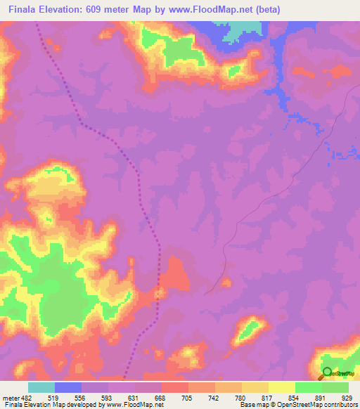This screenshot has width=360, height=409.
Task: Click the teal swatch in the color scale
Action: pyautogui.click(x=41, y=387)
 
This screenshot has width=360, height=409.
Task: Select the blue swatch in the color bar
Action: pyautogui.click(x=68, y=387)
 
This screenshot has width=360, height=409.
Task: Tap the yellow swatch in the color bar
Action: pyautogui.click(x=281, y=387)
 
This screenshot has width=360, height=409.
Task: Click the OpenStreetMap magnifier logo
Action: pyautogui.click(x=327, y=372)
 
